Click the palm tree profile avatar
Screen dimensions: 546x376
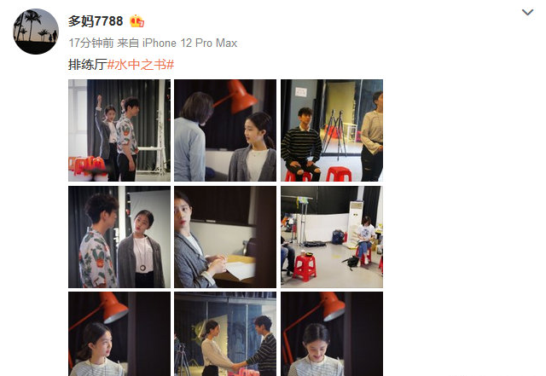click(x=36, y=32)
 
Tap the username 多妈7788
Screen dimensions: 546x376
click(x=96, y=21)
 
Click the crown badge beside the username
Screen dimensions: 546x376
click(x=136, y=21)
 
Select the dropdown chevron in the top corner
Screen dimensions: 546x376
click(x=527, y=13)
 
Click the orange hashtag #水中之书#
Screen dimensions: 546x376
click(x=141, y=65)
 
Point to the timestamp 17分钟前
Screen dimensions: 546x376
click(x=91, y=43)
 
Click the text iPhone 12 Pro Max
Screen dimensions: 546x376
click(x=189, y=43)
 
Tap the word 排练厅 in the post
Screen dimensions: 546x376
click(x=87, y=65)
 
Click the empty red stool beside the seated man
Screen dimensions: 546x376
click(x=339, y=174)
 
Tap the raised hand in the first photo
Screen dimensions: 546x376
click(x=99, y=101)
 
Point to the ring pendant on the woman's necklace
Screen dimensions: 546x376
click(x=142, y=268)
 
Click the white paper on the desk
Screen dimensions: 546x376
click(x=241, y=269)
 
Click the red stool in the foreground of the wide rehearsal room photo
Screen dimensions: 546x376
click(x=305, y=268)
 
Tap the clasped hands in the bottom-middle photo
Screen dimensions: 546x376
click(x=239, y=367)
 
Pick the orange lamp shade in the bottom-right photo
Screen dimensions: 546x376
click(x=333, y=307)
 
